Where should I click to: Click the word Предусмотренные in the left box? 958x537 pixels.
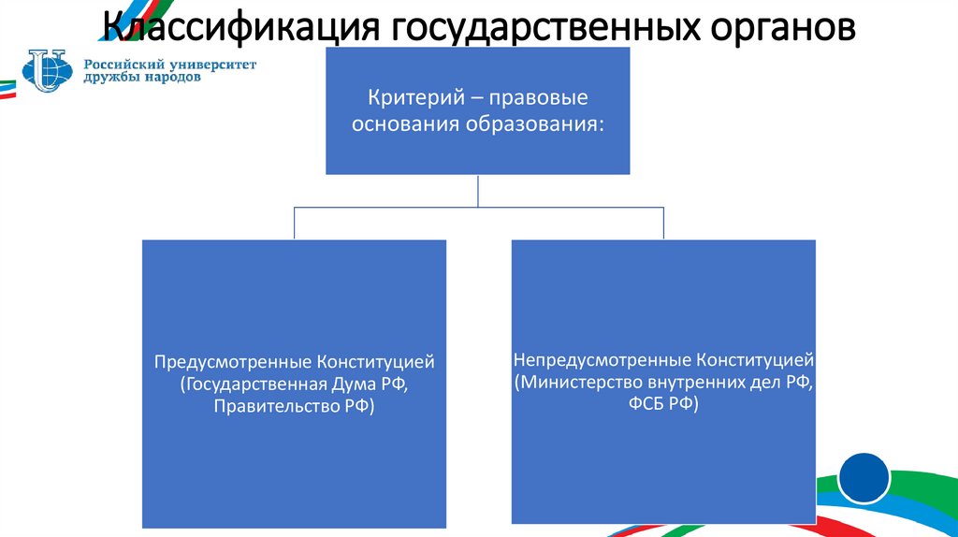[x=233, y=361]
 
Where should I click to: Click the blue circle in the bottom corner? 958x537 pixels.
[x=863, y=478]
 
